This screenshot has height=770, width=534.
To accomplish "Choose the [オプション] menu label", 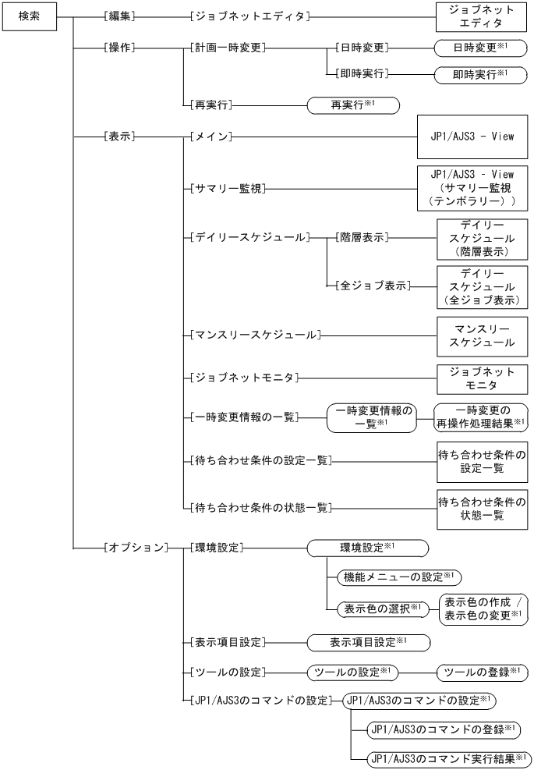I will point(135,548).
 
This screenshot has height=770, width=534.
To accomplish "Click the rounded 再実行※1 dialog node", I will point(353,103).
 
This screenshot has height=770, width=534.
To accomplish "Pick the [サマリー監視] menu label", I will point(226,188).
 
